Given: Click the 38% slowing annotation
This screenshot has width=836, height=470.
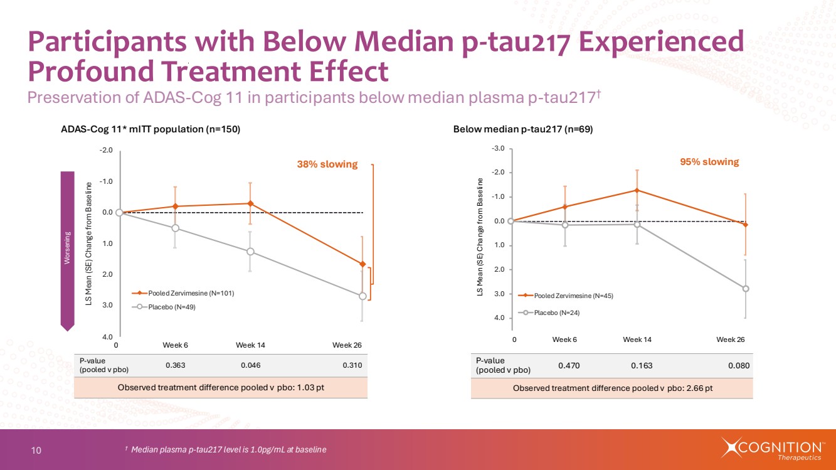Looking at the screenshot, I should point(327,164).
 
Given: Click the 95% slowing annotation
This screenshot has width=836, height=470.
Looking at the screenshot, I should point(709,162).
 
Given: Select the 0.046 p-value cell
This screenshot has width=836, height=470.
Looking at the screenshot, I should point(250,365).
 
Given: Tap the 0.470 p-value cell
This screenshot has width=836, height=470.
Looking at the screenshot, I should point(570,365).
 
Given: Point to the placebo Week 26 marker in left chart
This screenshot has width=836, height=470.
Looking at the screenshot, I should point(362,296).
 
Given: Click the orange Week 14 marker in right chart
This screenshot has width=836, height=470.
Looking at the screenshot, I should point(637,190).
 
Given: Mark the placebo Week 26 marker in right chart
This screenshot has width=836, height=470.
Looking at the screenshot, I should point(746,289).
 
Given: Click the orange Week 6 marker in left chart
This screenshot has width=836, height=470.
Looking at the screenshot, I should point(175,206).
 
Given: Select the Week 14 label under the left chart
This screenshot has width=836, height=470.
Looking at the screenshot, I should point(250,345).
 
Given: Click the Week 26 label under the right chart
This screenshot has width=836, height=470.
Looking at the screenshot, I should point(731,339).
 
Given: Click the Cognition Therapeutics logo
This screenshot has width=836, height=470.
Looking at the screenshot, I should point(773,449).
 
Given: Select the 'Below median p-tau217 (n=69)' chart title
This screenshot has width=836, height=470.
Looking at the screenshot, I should point(523,129).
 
